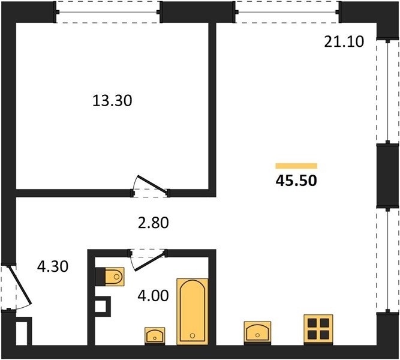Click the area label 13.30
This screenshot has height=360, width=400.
[112, 100]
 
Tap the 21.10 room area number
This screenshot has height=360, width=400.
[344, 41]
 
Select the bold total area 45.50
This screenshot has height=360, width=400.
[296, 180]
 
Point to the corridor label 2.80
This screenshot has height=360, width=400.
[153, 223]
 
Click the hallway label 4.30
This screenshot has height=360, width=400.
[53, 266]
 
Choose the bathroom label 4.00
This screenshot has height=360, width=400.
[153, 295]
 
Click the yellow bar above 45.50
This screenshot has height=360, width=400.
[296, 166]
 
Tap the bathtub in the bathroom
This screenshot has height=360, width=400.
[193, 312]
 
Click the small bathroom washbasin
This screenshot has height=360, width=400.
[155, 335]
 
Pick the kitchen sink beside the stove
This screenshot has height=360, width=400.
[257, 332]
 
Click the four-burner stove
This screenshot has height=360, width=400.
[318, 329]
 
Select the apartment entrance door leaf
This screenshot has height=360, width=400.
[20, 285]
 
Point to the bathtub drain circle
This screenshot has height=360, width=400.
[193, 336]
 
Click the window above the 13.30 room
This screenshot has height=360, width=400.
[108, 12]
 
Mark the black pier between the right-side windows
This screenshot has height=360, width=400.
[387, 176]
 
